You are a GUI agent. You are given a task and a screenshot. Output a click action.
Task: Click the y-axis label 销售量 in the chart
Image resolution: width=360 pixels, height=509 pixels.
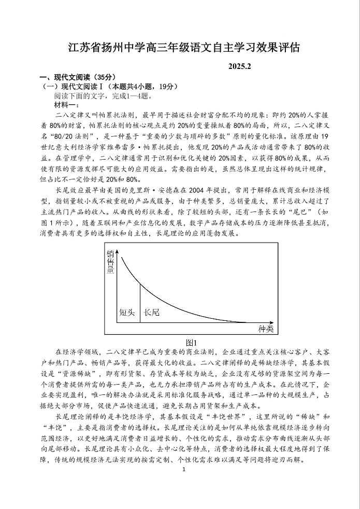[x=110, y=262]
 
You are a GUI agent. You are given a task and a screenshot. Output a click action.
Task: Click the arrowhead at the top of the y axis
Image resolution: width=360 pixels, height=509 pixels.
[x=118, y=251]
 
